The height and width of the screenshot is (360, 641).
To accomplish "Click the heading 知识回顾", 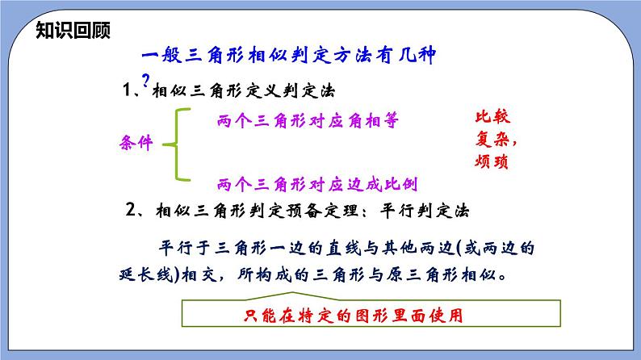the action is click(x=73, y=30).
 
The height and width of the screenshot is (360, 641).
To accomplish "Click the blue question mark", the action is click(x=145, y=80).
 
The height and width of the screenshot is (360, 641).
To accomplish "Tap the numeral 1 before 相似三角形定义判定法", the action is click(x=127, y=90).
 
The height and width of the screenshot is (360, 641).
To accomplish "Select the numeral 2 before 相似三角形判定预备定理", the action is click(x=131, y=210).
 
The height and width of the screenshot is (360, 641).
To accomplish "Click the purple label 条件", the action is click(x=136, y=143).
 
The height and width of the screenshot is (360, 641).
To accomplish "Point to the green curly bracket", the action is click(x=177, y=144).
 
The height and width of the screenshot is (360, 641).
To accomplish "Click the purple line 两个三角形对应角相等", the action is click(x=308, y=120).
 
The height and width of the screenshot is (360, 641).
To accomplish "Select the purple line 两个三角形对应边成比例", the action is click(x=317, y=184).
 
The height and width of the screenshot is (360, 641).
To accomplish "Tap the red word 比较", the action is click(x=492, y=117).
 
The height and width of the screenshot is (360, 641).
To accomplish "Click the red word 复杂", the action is click(x=492, y=140).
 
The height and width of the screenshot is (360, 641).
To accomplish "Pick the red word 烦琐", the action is click(x=492, y=161).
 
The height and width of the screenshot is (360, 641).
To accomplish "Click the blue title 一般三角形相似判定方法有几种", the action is click(x=289, y=55).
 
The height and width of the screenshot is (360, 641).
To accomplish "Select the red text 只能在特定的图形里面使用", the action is click(x=354, y=315).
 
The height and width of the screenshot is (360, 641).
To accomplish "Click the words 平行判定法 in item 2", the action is click(x=425, y=211).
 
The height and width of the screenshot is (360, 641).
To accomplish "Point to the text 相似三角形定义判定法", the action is click(x=244, y=90).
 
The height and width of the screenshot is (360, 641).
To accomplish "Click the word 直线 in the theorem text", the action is click(x=344, y=248).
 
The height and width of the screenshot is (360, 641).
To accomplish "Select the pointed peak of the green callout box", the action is click(x=292, y=292).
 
